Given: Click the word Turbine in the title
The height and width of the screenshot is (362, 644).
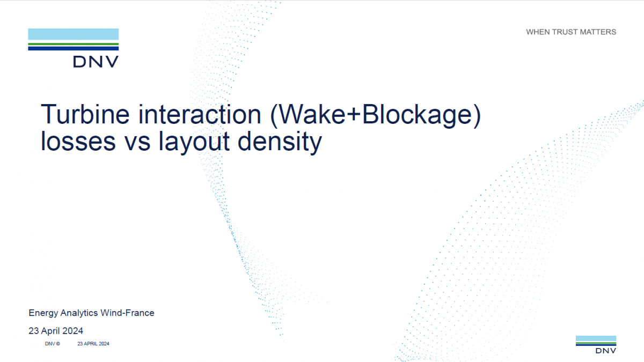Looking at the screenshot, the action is (x=85, y=114).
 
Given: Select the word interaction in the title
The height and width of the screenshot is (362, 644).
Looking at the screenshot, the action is (x=200, y=114).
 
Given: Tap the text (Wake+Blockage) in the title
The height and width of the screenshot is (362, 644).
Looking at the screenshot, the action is (x=376, y=115).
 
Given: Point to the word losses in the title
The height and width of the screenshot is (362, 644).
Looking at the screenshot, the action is (x=78, y=141).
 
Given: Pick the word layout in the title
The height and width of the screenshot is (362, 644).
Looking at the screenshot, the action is (x=194, y=143).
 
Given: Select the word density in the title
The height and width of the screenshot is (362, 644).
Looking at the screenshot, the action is (x=280, y=143).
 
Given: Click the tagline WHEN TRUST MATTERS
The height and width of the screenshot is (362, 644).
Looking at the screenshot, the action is (x=571, y=32).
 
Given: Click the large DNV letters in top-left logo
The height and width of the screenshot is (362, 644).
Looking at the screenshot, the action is (x=96, y=62).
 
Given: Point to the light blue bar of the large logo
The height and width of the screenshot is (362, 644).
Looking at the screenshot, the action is (x=74, y=34).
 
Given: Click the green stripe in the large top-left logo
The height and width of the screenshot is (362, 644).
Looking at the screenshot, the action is (x=74, y=44).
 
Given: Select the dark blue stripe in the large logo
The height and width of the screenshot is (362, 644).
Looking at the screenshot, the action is (x=74, y=49).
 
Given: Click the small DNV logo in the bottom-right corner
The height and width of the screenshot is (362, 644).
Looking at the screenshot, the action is (x=596, y=344).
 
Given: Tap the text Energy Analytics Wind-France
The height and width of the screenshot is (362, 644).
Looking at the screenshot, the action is (x=91, y=313).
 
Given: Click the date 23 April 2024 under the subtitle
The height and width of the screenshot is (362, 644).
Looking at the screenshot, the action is (x=56, y=331).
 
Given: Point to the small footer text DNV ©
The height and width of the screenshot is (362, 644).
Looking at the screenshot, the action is (x=53, y=344).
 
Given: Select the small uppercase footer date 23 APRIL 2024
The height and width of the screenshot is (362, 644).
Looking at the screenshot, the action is (x=93, y=344).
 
